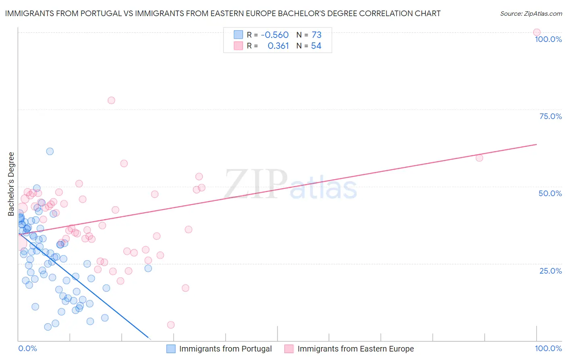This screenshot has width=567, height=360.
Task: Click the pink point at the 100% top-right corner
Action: pos(536,32)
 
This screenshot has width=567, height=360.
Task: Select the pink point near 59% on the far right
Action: pos(479,158)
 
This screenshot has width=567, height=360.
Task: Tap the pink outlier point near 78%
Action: pos(111,100)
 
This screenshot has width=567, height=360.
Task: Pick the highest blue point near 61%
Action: pos(50,151)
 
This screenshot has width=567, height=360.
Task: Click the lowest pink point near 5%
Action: pos(171,325)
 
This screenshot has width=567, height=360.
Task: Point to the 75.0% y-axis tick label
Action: pos(550,116)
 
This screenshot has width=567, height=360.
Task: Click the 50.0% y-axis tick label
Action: pos(550,193)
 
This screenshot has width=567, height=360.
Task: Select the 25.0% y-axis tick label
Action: pos(550,271)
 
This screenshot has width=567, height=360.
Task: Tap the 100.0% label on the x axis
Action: pos(548,348)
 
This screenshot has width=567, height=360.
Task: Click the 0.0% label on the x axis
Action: pos(27,348)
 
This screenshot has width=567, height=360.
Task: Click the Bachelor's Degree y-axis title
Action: pos(11,184)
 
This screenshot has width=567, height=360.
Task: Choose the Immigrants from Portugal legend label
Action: pos(225,349)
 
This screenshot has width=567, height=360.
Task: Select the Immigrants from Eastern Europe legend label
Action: pos(355,349)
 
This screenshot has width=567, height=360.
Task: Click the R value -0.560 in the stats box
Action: pos(275,35)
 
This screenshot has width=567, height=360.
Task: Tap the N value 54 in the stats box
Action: pos(316,46)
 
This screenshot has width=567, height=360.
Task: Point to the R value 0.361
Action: pos(278,46)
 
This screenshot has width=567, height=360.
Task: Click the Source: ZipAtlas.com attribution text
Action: pos(531,14)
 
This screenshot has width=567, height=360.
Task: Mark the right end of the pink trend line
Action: pos(536,144)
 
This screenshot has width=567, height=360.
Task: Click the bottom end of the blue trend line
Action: pos(148,337)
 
